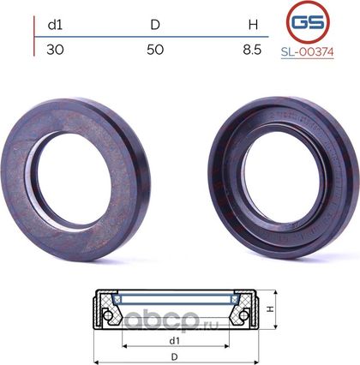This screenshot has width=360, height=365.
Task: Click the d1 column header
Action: tap(55, 25)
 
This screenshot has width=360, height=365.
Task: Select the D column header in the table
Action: tap(155, 25)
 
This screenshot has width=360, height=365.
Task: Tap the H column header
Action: tap(253, 25)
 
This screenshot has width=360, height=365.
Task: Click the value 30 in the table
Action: tap(55, 50)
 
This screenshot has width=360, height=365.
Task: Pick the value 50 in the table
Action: tap(155, 50)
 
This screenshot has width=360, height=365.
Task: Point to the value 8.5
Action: tap(252, 50)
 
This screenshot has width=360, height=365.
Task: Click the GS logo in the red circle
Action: tap(308, 21)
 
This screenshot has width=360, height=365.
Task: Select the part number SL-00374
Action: tap(307, 52)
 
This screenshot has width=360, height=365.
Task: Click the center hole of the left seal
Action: tap(74, 181)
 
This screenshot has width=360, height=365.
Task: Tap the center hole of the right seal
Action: tap(281, 177)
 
